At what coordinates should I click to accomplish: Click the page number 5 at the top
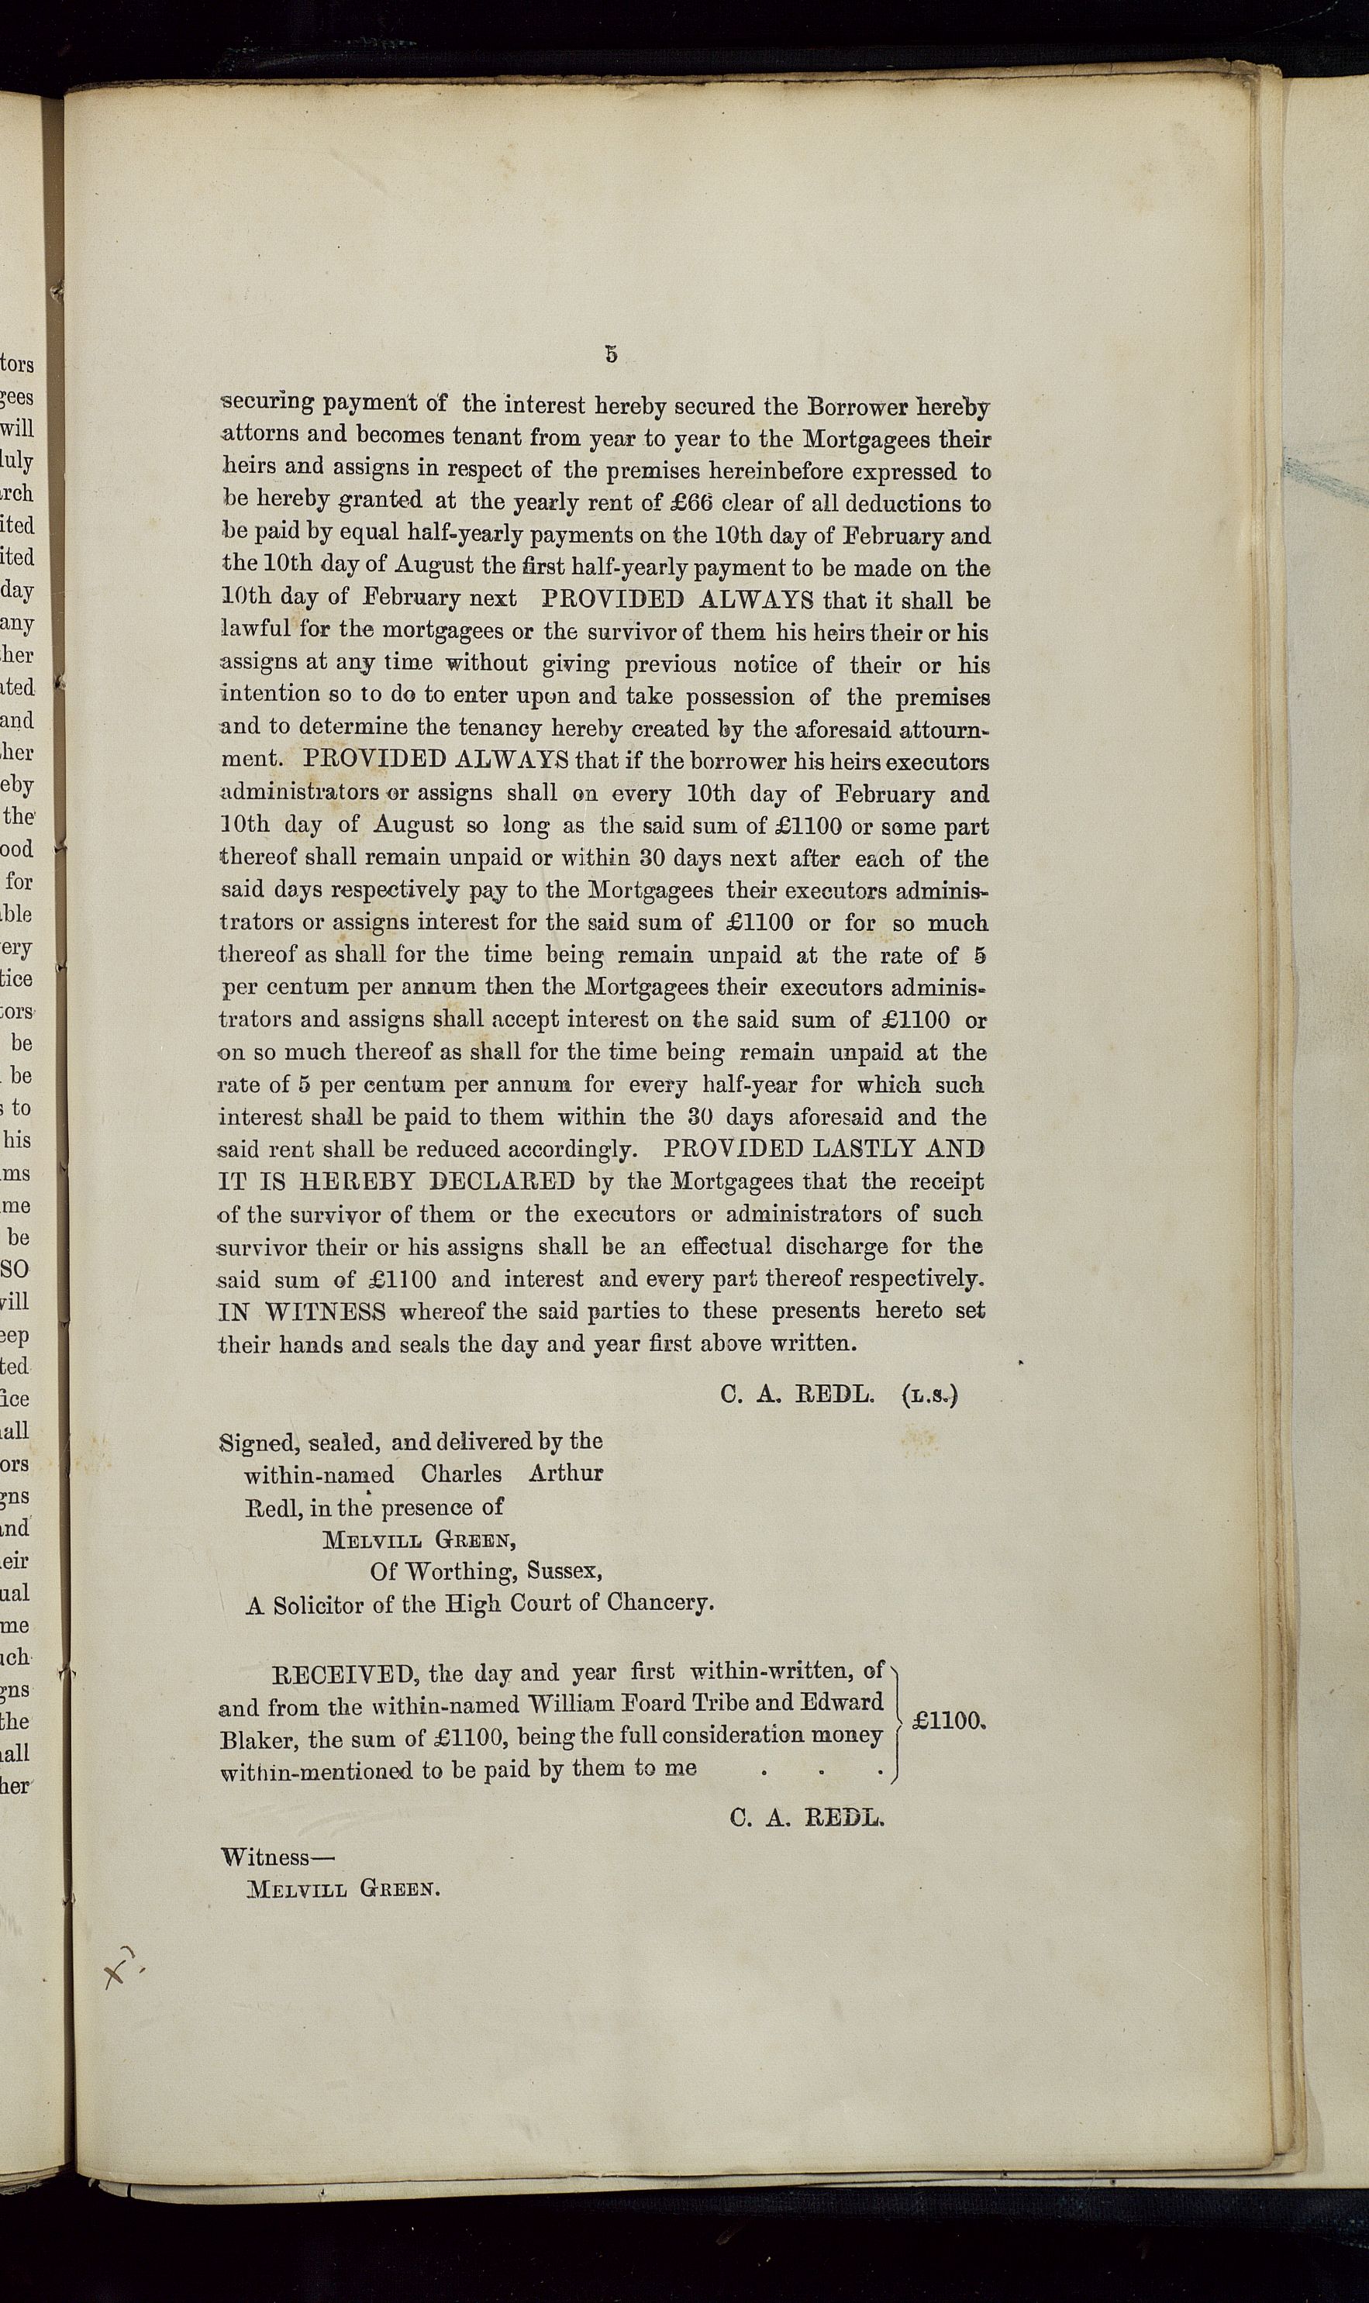(611, 353)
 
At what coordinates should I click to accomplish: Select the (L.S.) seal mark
(929, 1395)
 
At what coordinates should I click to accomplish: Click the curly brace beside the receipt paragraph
(894, 1721)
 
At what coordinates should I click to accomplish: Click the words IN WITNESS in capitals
(302, 1311)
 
